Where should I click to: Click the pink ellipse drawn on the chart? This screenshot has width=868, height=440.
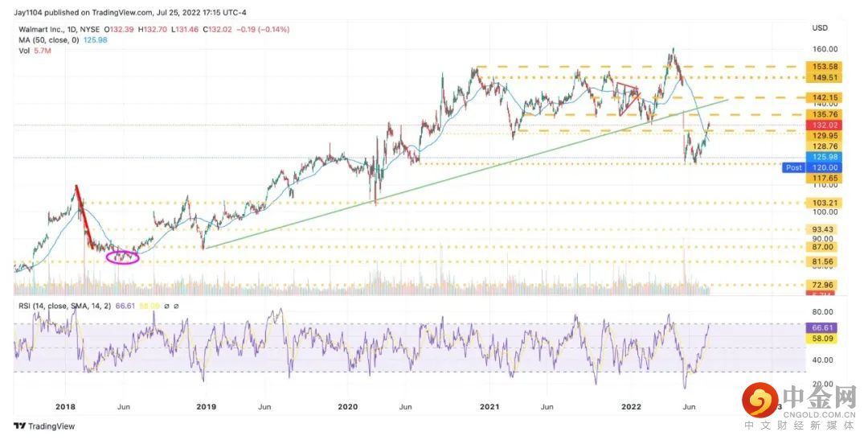122,257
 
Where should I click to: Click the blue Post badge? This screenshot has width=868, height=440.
793,167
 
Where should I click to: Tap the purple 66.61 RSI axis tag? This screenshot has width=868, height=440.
820,328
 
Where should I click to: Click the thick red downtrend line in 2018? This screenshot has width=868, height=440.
81,209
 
